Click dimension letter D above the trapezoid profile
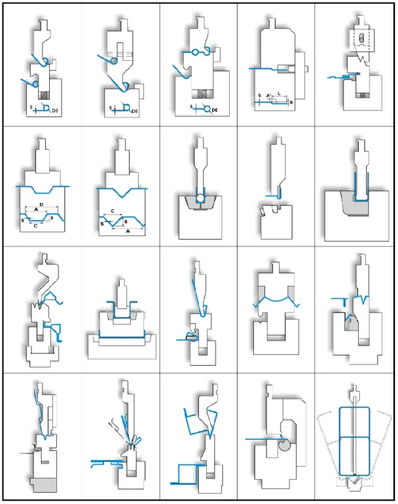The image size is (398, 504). (42, 206)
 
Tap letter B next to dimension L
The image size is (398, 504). (291, 102)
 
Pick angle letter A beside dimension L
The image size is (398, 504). (269, 96)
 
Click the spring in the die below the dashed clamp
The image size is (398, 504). (359, 96)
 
